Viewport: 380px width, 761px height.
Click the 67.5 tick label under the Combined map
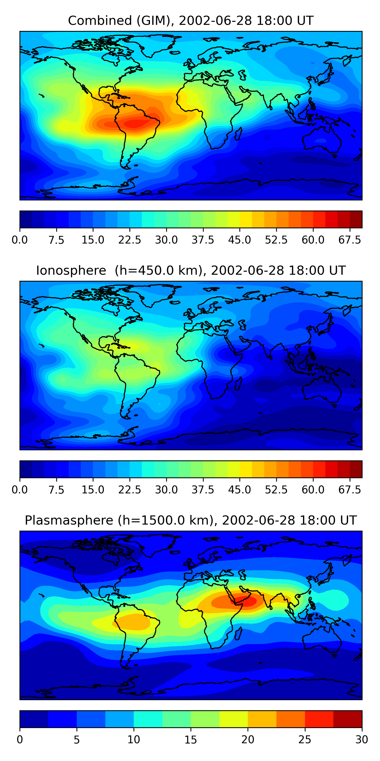[x=350, y=240]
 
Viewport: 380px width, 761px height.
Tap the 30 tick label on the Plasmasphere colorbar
[x=362, y=740]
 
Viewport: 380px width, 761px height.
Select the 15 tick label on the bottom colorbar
[x=191, y=740]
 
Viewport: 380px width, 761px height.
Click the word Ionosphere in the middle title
[x=71, y=271]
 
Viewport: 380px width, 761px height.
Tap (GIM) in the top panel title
[x=155, y=21]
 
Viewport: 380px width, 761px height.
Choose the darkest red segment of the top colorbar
[x=356, y=219]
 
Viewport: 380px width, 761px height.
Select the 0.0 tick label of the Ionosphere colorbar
[x=20, y=490]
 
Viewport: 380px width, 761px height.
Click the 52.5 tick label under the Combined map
[x=276, y=240]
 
